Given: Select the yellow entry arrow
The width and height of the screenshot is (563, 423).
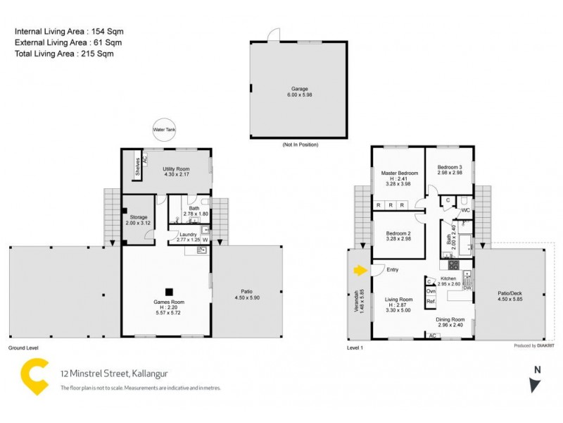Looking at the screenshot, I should pyautogui.click(x=360, y=269).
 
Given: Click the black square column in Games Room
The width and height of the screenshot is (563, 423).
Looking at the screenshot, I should pyautogui.click(x=169, y=290).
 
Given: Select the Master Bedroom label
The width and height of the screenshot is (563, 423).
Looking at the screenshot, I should pyautogui.click(x=399, y=173).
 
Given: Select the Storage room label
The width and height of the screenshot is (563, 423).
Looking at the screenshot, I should pyautogui.click(x=137, y=218).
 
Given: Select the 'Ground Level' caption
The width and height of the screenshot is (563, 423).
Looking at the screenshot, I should pyautogui.click(x=23, y=348).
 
